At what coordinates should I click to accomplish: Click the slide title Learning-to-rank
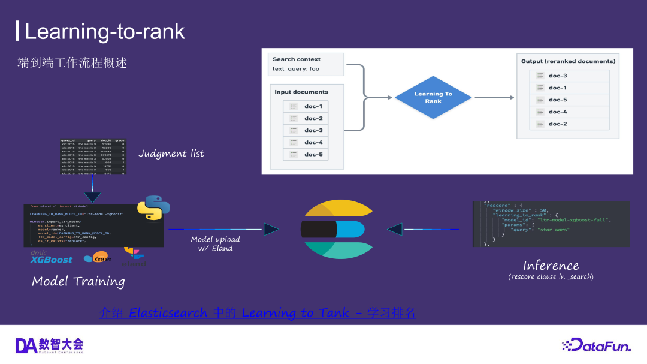(x=104, y=31)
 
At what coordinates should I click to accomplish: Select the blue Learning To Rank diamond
(x=433, y=97)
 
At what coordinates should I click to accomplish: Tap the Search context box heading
(x=297, y=59)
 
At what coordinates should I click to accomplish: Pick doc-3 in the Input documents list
(x=313, y=130)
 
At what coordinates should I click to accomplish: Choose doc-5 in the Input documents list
(x=313, y=154)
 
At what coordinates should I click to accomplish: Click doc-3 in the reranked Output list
(x=558, y=76)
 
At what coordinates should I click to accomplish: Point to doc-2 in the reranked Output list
(x=558, y=124)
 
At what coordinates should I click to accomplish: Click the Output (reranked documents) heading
(x=568, y=61)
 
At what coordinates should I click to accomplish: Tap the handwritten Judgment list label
(x=171, y=154)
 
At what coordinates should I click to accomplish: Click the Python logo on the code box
(x=153, y=208)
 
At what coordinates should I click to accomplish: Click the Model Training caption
(x=78, y=281)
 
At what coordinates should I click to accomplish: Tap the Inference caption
(x=551, y=266)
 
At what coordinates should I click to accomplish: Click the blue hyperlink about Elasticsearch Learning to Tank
(x=258, y=313)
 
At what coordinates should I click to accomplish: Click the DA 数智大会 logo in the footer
(x=49, y=345)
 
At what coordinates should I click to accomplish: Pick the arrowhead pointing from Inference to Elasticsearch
(x=395, y=229)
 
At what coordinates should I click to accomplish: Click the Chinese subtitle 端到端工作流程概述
(x=72, y=63)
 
